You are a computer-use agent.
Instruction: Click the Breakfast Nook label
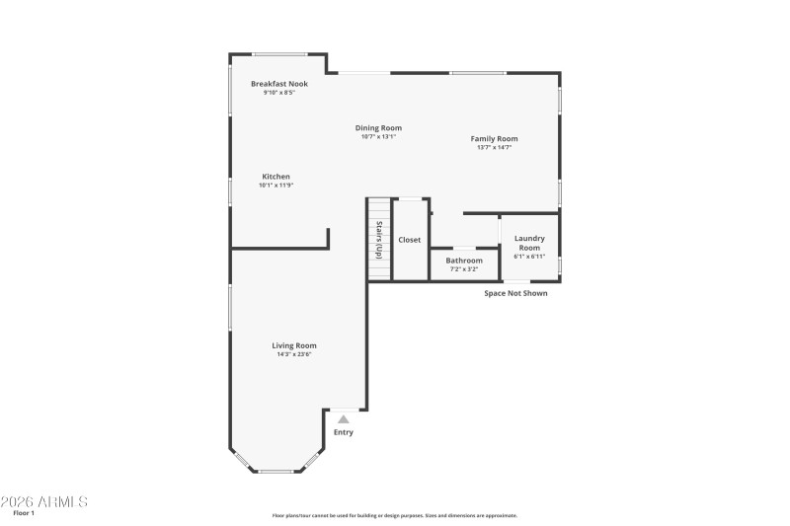pos(279,84)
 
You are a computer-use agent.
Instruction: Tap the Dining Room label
pos(378,127)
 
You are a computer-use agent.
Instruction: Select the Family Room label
pos(494,139)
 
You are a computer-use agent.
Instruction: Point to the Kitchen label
pos(276,177)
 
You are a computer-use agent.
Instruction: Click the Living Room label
pos(294,345)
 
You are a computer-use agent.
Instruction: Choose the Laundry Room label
pos(529,243)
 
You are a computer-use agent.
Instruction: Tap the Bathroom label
pos(464,261)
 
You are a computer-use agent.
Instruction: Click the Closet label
pos(409,240)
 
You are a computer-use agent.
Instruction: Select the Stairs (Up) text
pos(378,241)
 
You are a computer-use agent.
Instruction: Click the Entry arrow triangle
pos(344,419)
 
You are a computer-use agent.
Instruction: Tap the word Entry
pos(343,432)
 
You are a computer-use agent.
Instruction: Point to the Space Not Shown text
pos(514,293)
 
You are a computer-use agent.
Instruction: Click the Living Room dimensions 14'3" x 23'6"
pos(294,354)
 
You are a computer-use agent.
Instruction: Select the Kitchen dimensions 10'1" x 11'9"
pos(276,186)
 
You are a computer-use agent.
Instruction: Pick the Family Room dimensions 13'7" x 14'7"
pos(494,148)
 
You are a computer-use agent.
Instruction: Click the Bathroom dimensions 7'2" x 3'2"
pos(464,268)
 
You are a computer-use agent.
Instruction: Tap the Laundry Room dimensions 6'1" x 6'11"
pos(529,257)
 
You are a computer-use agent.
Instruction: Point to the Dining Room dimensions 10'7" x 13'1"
pos(378,136)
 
